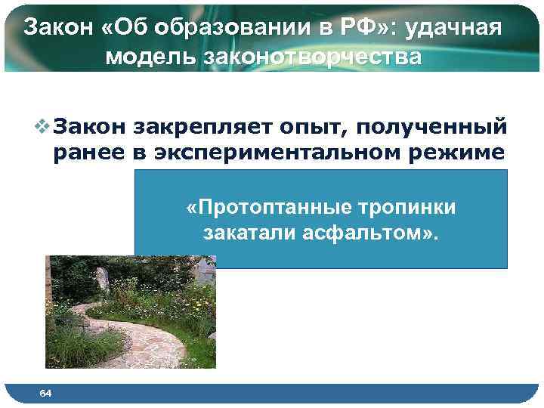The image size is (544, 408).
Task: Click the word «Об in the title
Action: (x=113, y=28)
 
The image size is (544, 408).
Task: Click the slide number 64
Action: (x=45, y=393)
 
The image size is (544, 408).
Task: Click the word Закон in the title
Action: (x=55, y=28)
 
